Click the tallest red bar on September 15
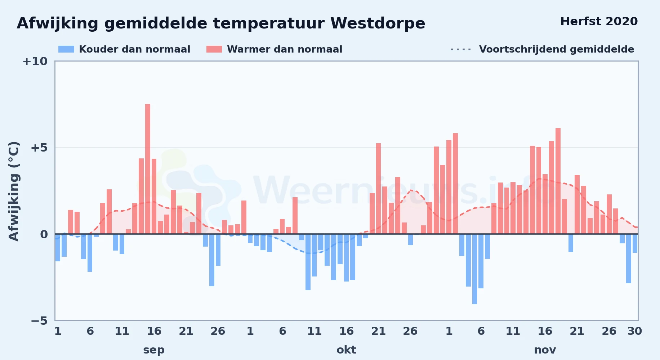pos(148,169)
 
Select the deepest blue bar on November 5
pos(474,269)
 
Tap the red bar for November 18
pos(558,181)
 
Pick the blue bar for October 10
pos(308,262)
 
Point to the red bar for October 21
pos(378,189)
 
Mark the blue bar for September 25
pos(212,260)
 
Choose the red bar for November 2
pos(455,184)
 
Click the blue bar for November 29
pos(629,258)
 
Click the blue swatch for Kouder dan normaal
pos(66,49)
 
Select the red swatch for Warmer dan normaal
pos(214,49)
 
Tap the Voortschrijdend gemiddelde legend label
pos(557,49)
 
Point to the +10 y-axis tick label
pos(35,62)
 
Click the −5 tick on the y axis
pos(39,321)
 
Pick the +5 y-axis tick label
pos(39,148)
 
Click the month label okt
pos(346,350)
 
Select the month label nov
pos(545,350)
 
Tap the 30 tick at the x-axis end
pos(634,331)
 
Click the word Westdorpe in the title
pos(378,24)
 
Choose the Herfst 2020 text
pos(599,22)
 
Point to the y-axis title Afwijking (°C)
pos(14,191)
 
